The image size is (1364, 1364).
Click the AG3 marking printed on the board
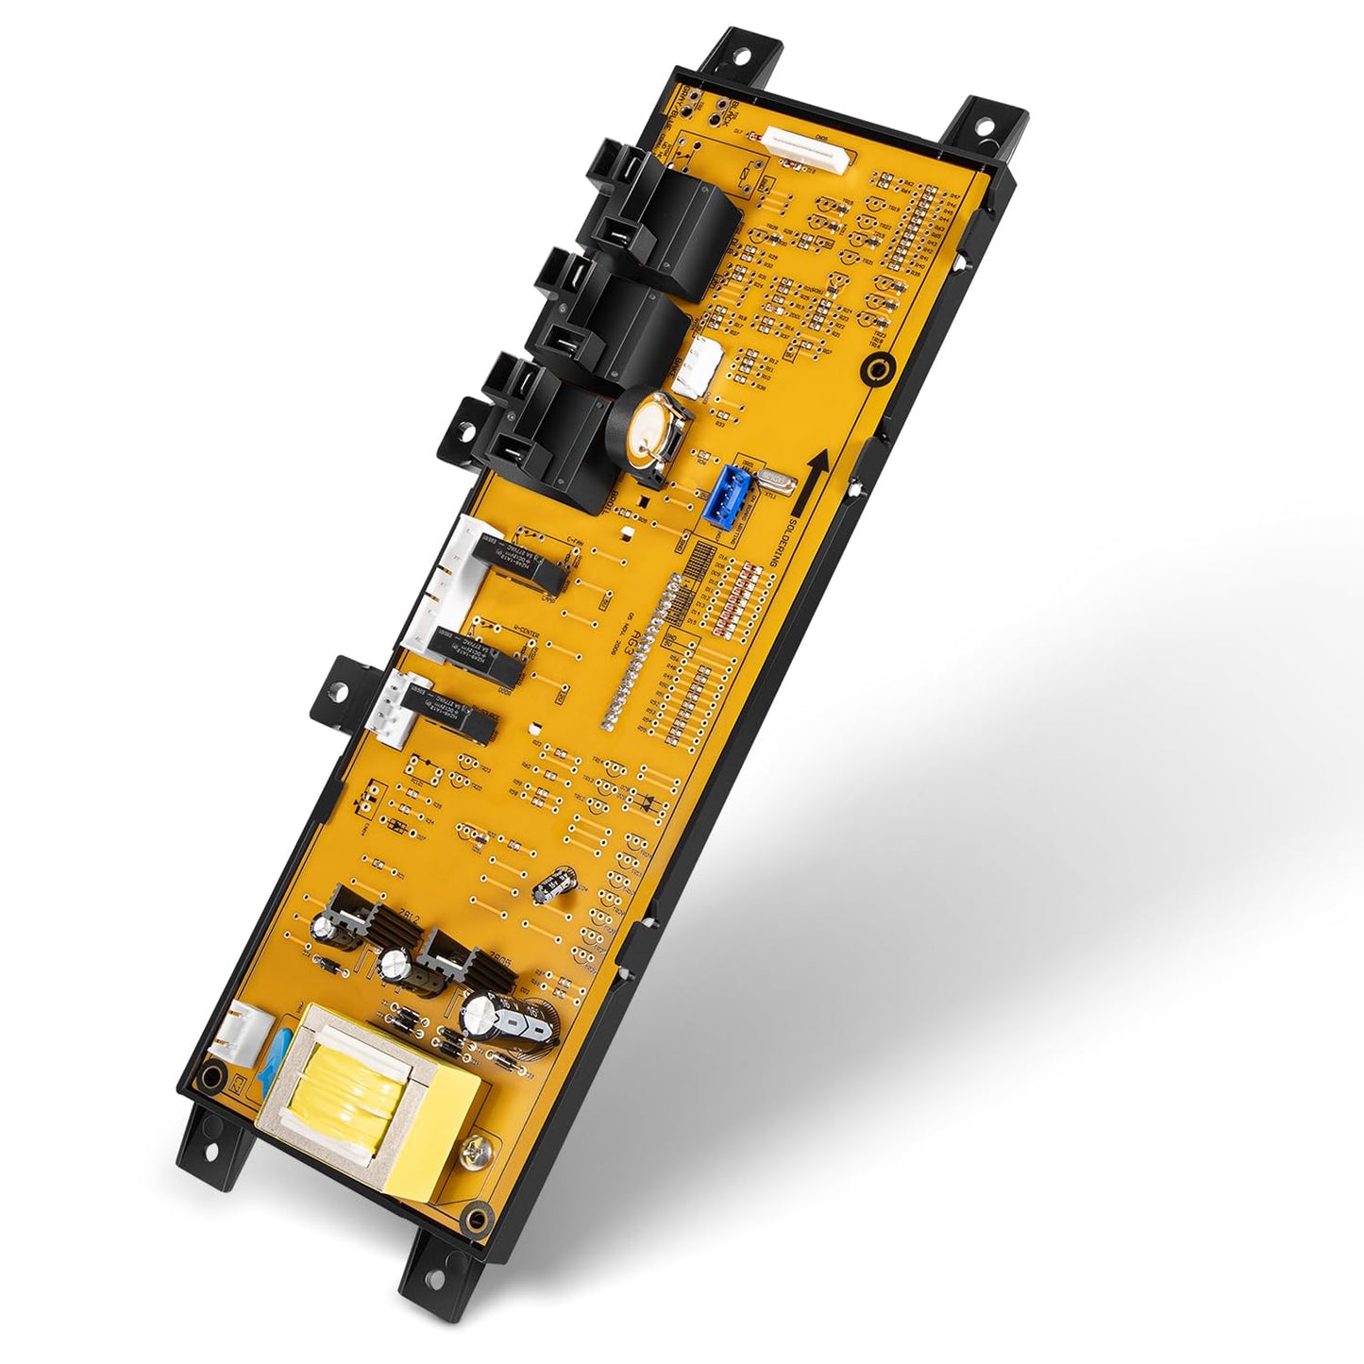pos(644,621)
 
